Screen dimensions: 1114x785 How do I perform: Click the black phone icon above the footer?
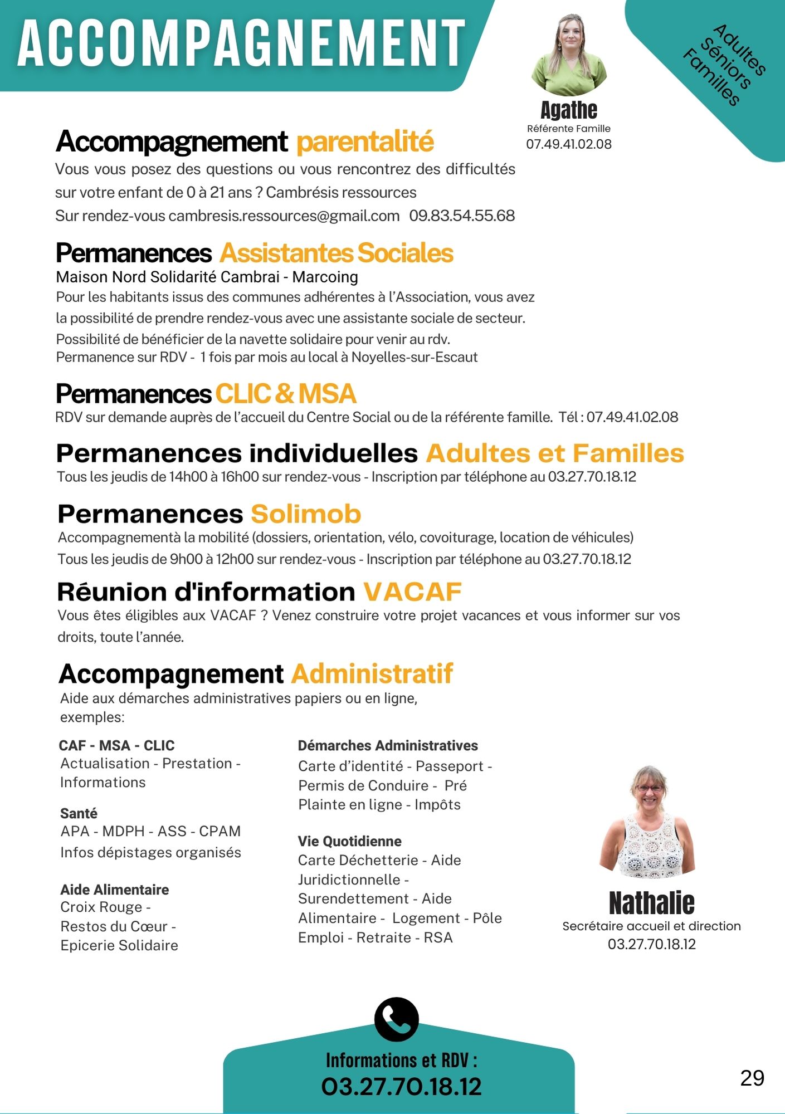coord(396,1019)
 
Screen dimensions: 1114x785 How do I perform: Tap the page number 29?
coord(752,1078)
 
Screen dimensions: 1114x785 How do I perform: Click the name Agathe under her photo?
coord(569,110)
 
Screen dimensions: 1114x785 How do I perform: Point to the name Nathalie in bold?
coord(651,903)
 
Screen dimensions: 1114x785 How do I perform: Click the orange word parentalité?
coord(365,141)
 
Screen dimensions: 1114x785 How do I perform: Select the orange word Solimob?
coord(306,514)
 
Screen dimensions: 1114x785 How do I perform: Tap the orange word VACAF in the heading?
coord(412,592)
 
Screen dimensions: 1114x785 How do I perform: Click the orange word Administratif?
coord(372,673)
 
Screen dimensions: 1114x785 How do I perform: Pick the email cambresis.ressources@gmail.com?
coord(284,216)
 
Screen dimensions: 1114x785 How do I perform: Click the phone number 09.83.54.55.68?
coord(462,216)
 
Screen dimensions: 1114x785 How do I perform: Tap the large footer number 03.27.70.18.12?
coord(401,1087)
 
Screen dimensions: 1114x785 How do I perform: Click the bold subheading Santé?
coord(79,813)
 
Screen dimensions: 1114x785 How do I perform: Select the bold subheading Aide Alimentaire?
coord(115,890)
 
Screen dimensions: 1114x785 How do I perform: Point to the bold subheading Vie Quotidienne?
coord(349,841)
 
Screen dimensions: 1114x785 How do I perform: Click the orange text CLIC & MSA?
coord(285,394)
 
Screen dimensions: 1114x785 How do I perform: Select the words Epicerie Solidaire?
coord(119,945)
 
